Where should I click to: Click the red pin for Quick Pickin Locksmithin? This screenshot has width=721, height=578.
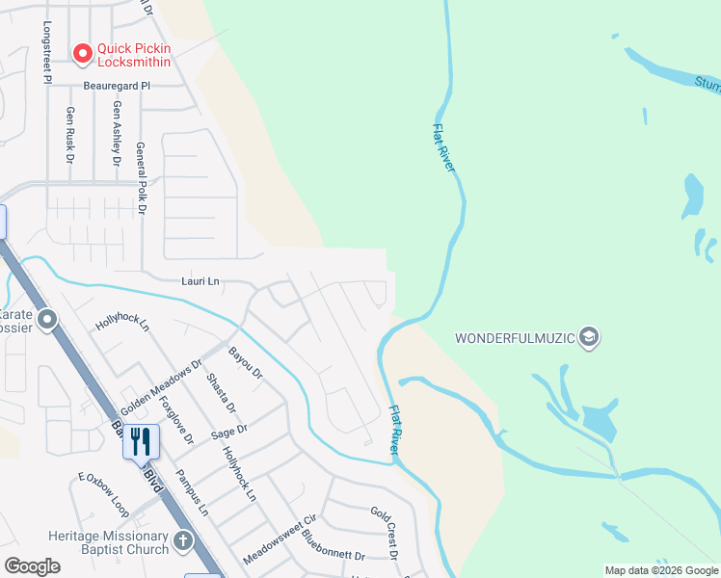click(82, 52)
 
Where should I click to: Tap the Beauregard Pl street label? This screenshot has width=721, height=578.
click(117, 86)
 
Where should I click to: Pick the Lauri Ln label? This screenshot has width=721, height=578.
click(201, 281)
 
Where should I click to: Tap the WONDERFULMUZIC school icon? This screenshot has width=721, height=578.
click(590, 337)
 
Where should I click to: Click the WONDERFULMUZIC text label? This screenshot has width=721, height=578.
click(515, 338)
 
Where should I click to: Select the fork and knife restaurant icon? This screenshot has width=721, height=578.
click(141, 441)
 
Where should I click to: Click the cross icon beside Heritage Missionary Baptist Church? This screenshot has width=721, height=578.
click(184, 543)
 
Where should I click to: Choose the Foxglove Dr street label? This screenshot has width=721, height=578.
click(176, 418)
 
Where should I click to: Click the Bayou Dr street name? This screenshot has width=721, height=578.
click(245, 363)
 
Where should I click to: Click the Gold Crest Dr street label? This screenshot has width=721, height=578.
click(384, 532)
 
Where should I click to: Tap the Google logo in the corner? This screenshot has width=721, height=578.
click(33, 566)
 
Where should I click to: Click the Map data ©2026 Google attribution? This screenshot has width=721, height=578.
click(661, 570)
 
